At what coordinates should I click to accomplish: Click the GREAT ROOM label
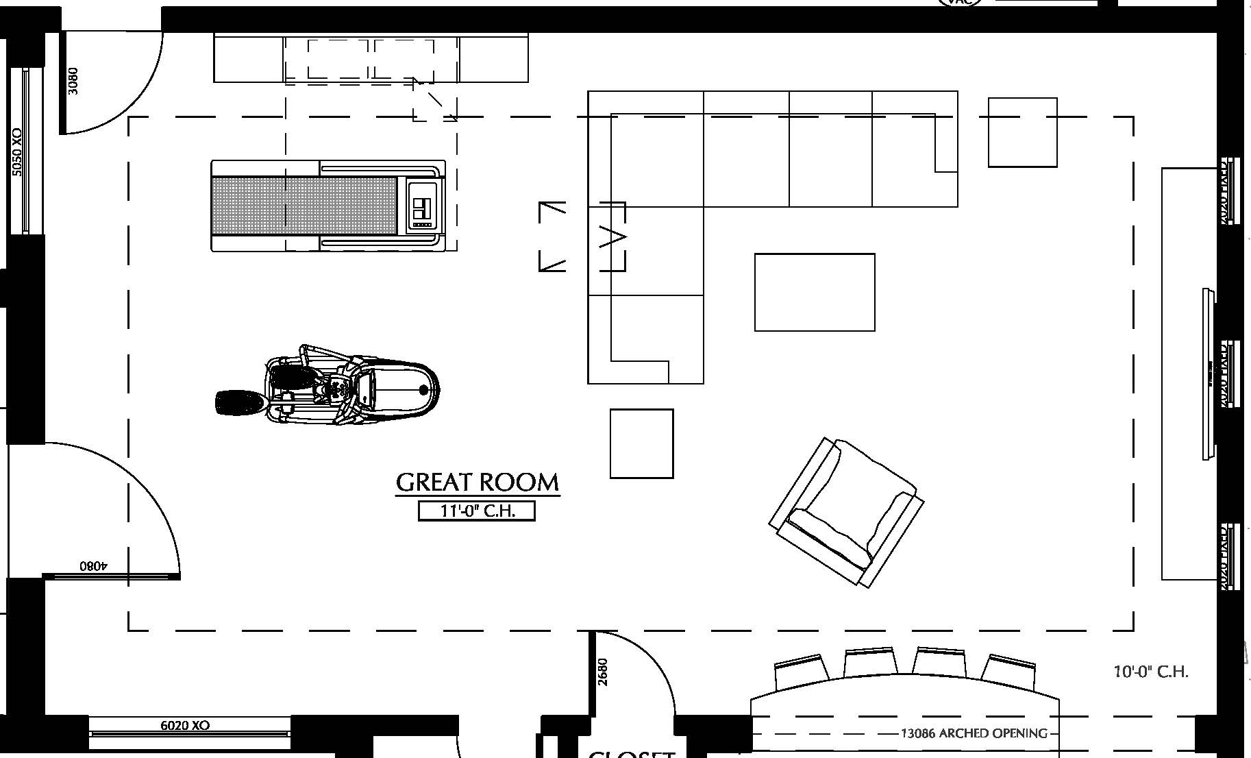[478, 482]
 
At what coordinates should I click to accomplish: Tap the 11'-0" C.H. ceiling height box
[476, 511]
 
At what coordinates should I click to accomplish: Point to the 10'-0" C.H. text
[1151, 672]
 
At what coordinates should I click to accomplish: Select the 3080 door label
[73, 81]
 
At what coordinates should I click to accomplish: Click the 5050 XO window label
[17, 152]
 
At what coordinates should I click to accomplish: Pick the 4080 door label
[94, 566]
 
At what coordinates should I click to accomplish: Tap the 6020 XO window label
[185, 725]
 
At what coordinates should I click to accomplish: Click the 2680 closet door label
[603, 672]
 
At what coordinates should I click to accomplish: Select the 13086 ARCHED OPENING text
[974, 733]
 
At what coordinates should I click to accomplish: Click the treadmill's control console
[422, 206]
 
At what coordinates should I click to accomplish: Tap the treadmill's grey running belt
[304, 206]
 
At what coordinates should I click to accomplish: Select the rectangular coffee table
[815, 293]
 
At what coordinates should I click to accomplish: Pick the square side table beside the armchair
[641, 443]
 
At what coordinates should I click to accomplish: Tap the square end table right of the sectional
[1022, 132]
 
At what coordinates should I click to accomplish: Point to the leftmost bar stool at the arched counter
[798, 672]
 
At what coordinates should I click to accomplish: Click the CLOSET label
[632, 754]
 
